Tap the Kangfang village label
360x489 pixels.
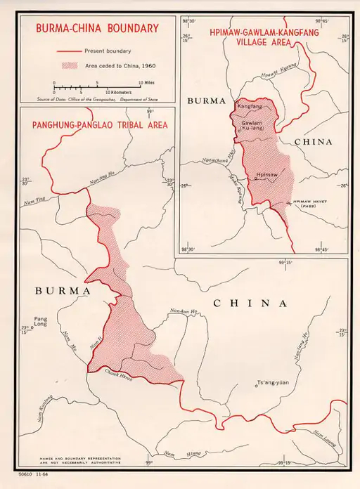coord(250,106)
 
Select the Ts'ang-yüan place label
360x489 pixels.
coord(274,384)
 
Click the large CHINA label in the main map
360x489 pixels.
coord(250,304)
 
